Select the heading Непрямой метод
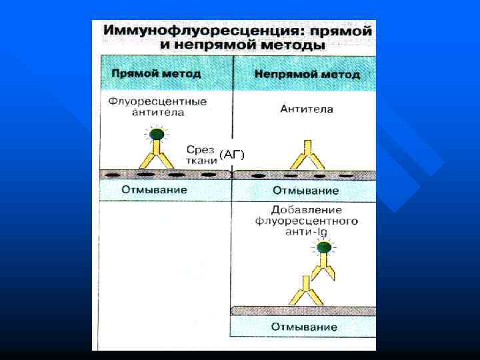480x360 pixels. (x=307, y=74)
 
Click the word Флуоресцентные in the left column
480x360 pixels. (x=158, y=101)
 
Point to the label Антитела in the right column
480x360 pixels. (x=307, y=108)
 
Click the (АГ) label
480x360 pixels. (x=232, y=155)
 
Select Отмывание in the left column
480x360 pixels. (x=155, y=190)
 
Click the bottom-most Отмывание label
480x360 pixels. (x=304, y=327)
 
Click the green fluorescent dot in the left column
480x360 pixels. (x=156, y=135)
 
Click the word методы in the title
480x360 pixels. (x=293, y=45)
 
